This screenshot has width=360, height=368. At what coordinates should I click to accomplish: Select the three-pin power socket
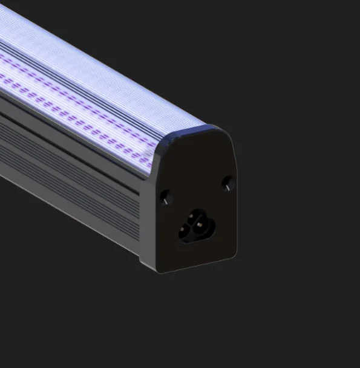pos(195,225)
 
